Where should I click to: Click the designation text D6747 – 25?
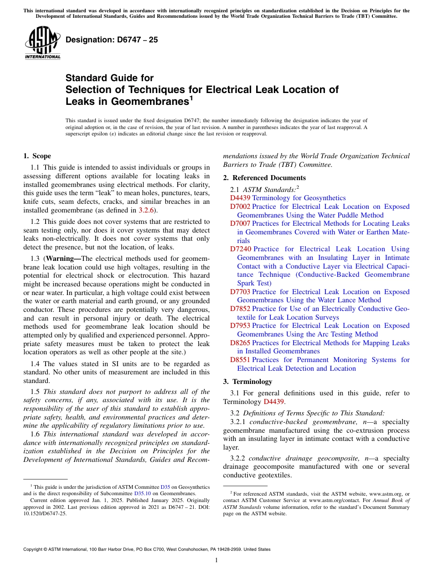pyautogui.click(x=112, y=40)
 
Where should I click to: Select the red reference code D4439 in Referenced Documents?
pyautogui.click(x=240, y=198)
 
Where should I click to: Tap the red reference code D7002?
pyautogui.click(x=240, y=207)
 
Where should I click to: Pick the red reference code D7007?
pyautogui.click(x=240, y=223)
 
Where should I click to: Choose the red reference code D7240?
pyautogui.click(x=240, y=249)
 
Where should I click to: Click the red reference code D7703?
pyautogui.click(x=240, y=292)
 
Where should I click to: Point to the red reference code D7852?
pyautogui.click(x=240, y=309)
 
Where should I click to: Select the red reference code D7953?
pyautogui.click(x=240, y=326)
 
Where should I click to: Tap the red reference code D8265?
pyautogui.click(x=240, y=343)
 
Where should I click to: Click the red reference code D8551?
pyautogui.click(x=240, y=360)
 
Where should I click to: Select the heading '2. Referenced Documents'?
pyautogui.click(x=264, y=178)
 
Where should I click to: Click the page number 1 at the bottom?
pyautogui.click(x=216, y=560)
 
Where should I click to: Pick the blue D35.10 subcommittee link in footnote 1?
pyautogui.click(x=142, y=493)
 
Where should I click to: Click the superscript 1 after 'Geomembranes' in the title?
pyautogui.click(x=192, y=98)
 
